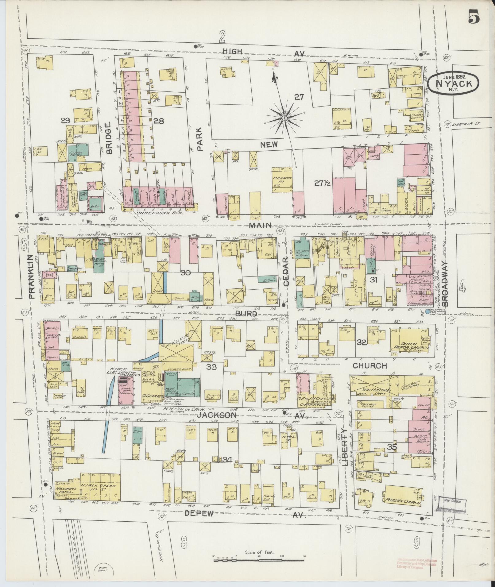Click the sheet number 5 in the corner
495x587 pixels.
click(474, 16)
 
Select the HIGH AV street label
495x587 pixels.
click(232, 51)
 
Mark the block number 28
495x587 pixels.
click(159, 121)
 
